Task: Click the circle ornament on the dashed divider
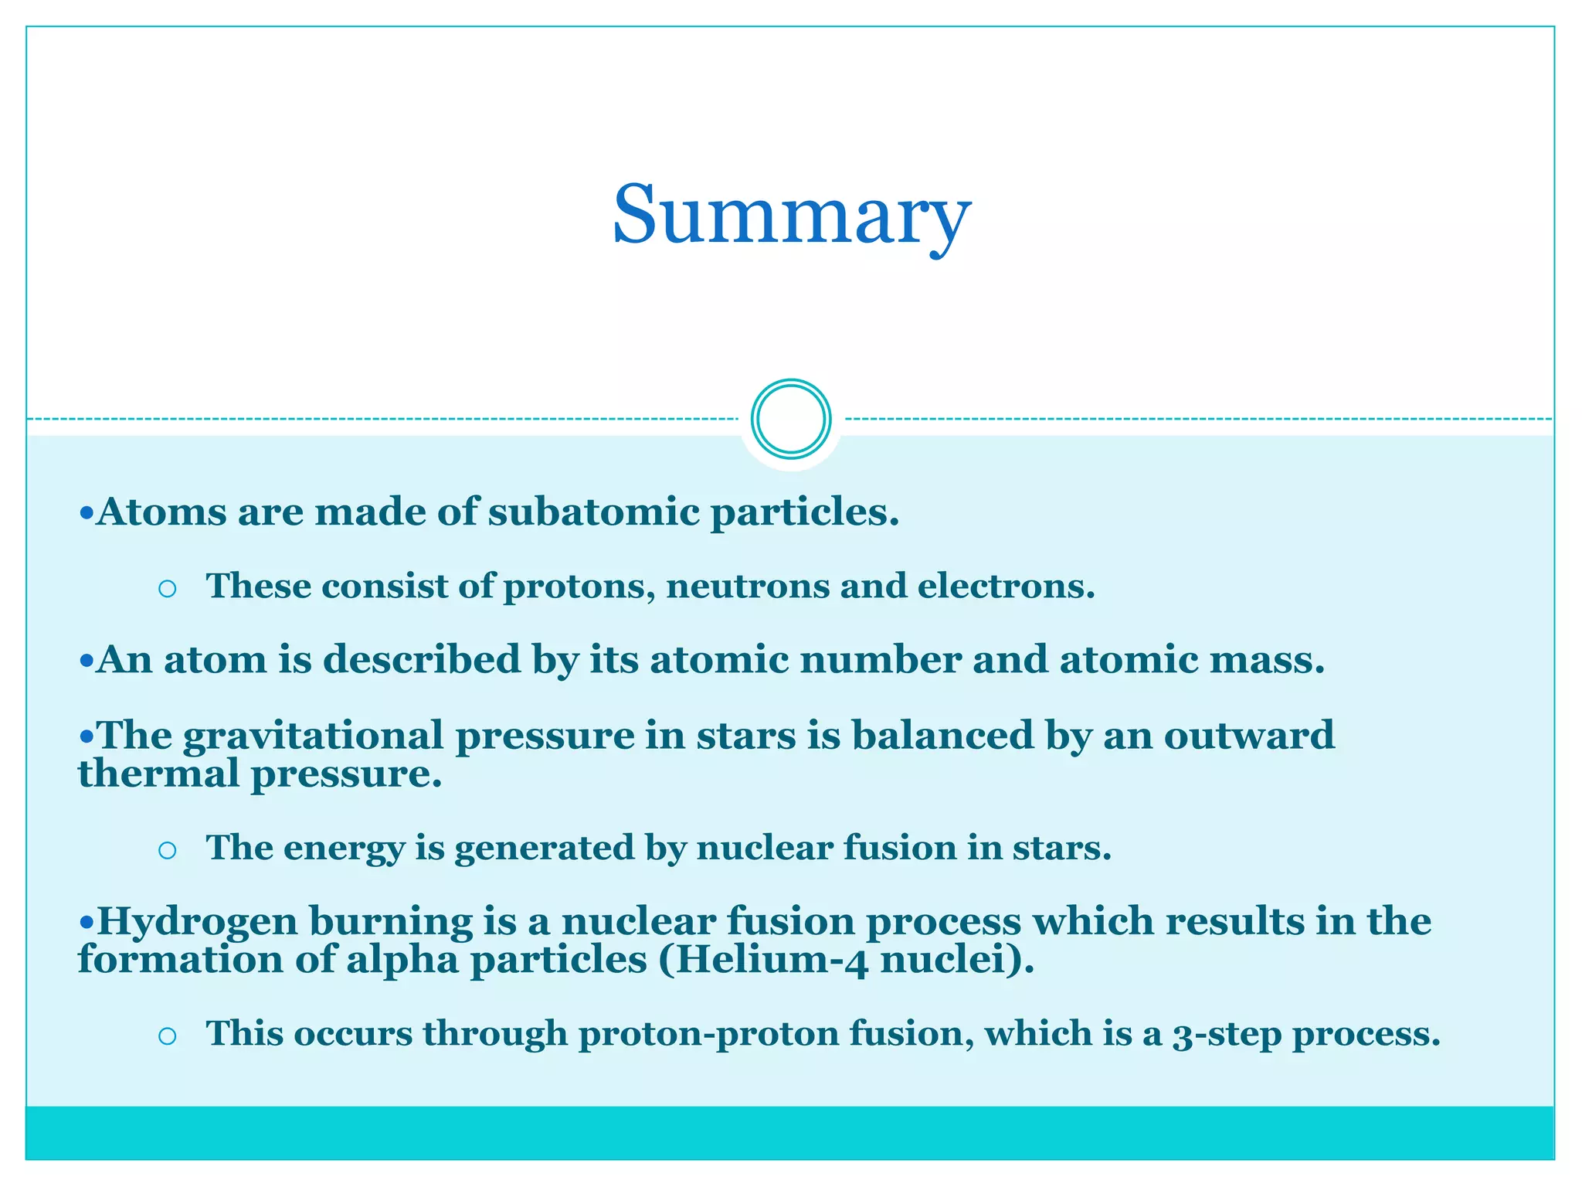click(791, 419)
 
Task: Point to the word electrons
click(1006, 586)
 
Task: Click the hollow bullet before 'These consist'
click(167, 590)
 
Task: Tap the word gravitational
click(313, 735)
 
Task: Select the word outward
click(1249, 735)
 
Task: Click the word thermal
click(158, 774)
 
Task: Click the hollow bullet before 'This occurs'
click(167, 1036)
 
